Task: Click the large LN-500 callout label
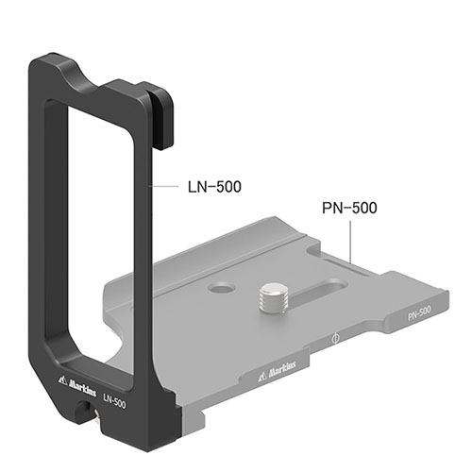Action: click(214, 187)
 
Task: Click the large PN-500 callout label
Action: click(349, 208)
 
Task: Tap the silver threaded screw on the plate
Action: click(273, 298)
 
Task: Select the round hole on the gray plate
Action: click(223, 287)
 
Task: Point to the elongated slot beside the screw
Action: click(318, 292)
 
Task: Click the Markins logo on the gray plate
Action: click(278, 370)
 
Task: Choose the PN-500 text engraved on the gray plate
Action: click(419, 313)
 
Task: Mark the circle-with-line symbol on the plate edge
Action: click(336, 339)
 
